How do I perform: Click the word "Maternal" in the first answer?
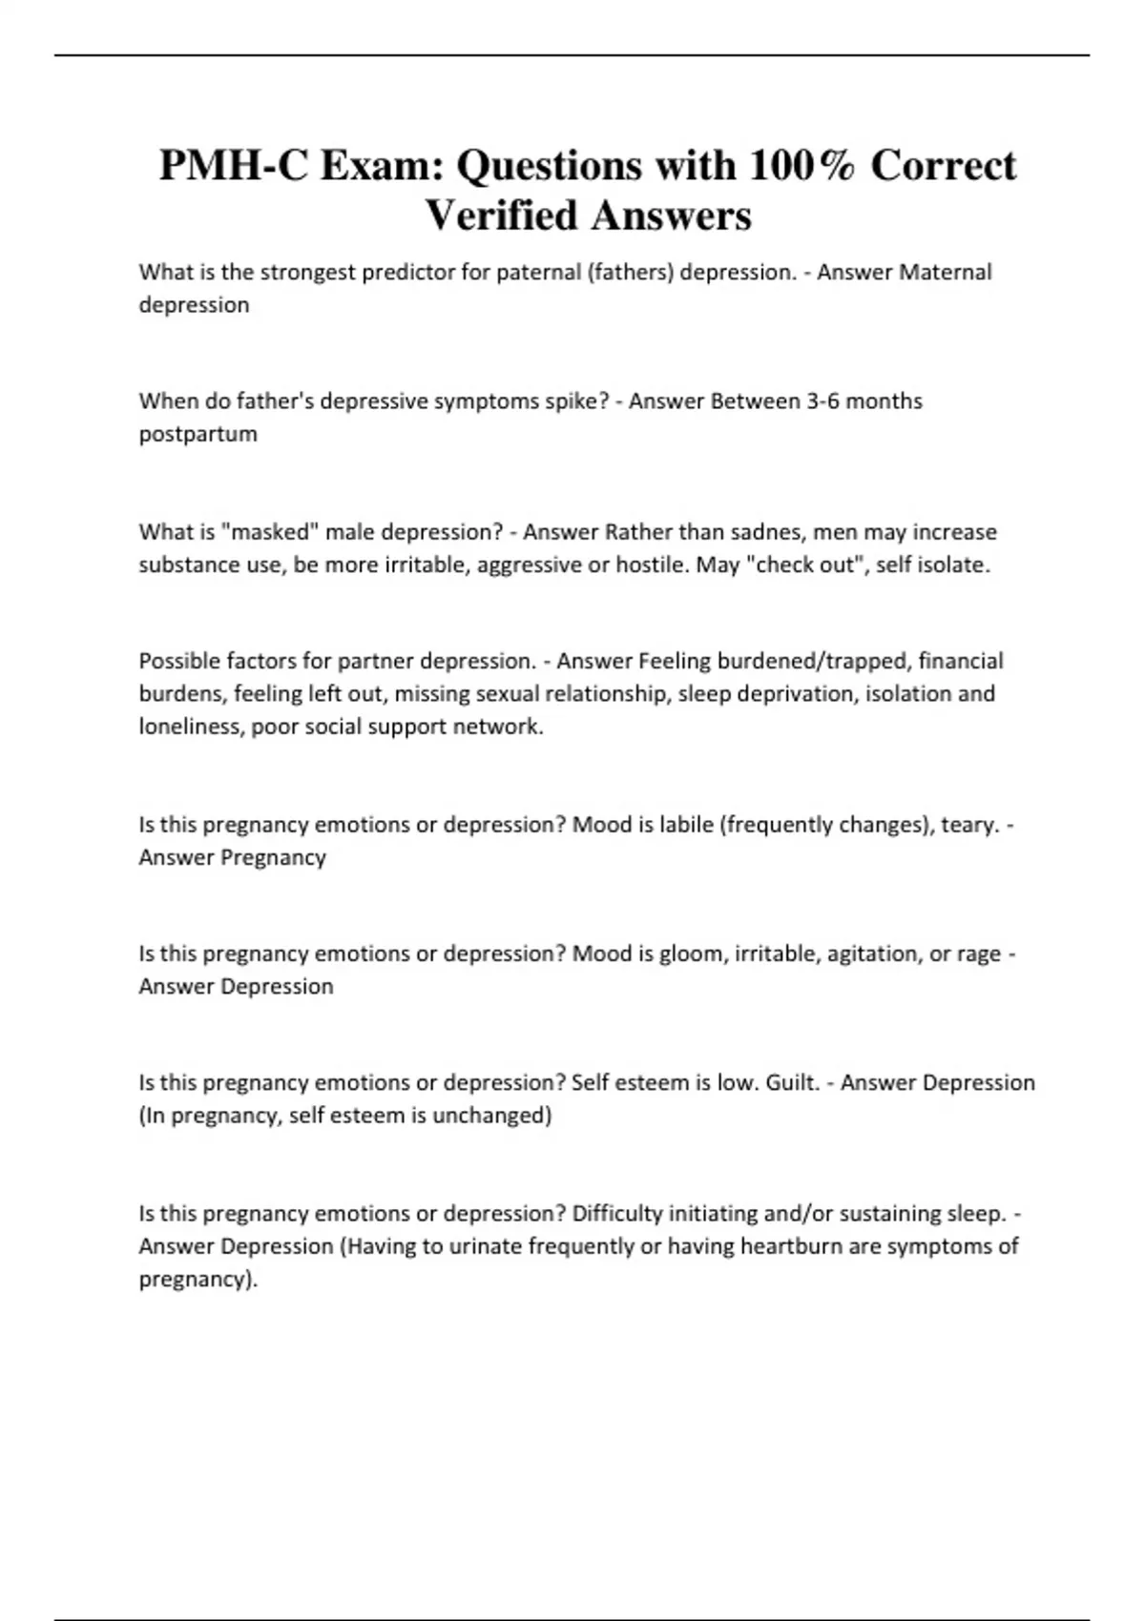tap(946, 272)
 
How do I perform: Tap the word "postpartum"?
tap(198, 434)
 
